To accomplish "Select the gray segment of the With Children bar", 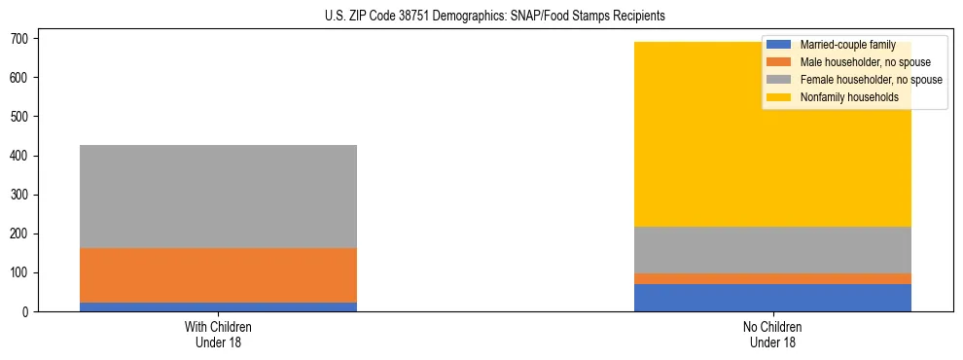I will (218, 197).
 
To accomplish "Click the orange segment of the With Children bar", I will (218, 275).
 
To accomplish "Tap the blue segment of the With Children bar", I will (218, 307).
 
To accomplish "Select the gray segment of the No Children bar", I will (772, 250).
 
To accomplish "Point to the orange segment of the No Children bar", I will (772, 279).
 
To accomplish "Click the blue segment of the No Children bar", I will (772, 298).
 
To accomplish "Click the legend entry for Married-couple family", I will (847, 45).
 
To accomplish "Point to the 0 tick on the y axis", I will (31, 311).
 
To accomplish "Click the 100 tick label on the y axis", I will (25, 272).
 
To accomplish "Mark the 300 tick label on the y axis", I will (25, 195).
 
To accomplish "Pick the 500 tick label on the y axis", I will (25, 117).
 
